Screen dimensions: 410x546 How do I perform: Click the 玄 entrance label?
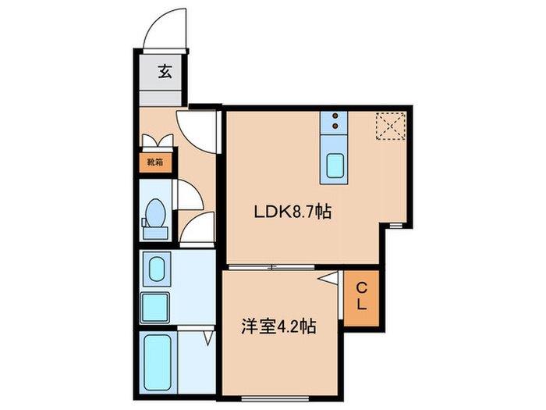point(165,73)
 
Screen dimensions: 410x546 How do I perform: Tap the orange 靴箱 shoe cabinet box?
point(154,162)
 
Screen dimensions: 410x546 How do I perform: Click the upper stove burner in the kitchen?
point(336,116)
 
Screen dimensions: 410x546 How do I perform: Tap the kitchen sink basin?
point(336,166)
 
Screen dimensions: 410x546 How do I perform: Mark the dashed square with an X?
point(388,126)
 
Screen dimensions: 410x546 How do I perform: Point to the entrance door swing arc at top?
point(164,30)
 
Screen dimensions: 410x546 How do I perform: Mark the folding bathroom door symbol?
point(208,337)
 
